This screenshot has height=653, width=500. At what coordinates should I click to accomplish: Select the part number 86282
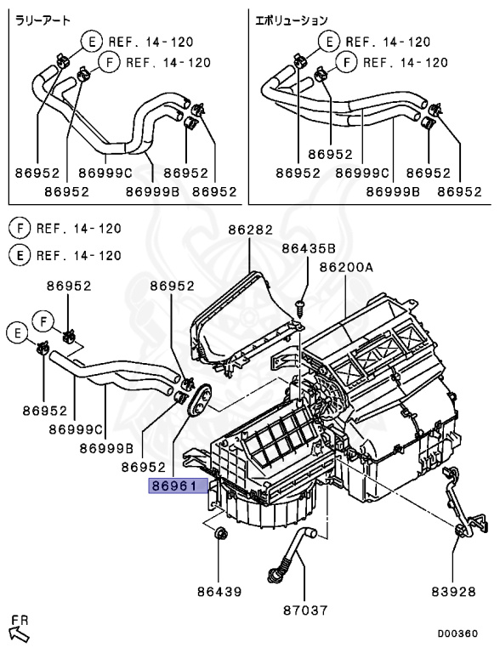(248, 229)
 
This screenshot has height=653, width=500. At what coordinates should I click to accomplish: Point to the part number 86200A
(346, 267)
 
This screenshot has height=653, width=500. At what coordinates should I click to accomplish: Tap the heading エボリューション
(292, 20)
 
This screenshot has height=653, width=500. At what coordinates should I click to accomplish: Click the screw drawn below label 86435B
(300, 303)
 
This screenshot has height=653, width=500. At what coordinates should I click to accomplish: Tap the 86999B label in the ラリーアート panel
(152, 192)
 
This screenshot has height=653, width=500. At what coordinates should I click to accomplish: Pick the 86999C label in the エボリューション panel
(363, 173)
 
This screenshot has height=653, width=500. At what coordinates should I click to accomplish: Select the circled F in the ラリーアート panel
(108, 62)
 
